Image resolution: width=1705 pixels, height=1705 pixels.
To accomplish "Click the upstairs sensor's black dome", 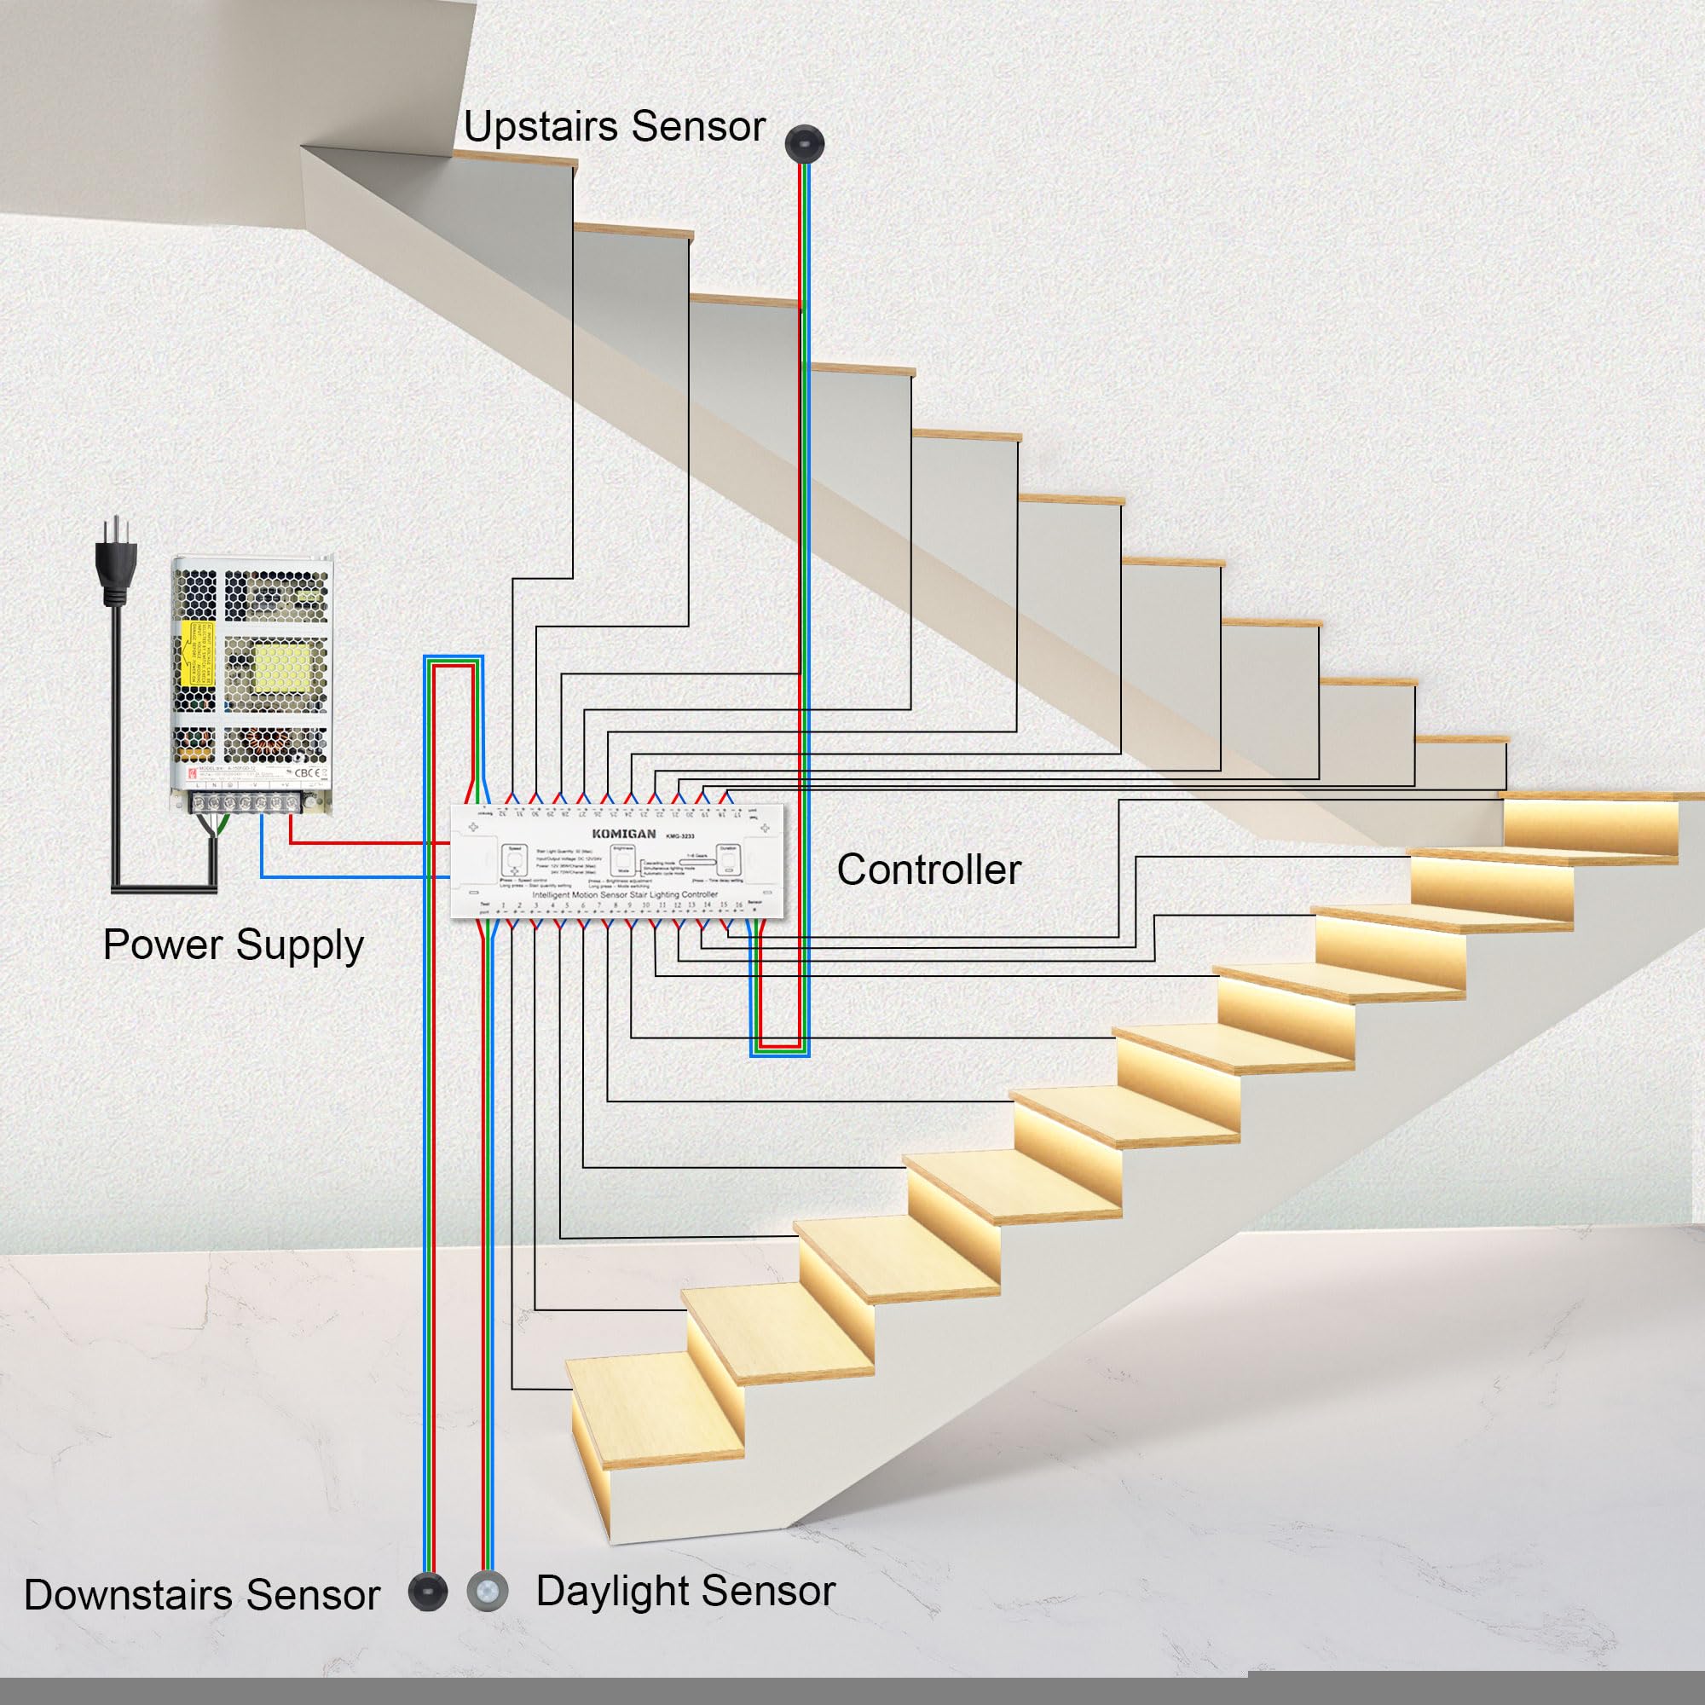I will point(803,142).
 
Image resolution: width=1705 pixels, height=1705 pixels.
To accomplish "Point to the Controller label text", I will point(928,870).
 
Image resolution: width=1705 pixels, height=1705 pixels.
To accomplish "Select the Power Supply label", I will point(233,945).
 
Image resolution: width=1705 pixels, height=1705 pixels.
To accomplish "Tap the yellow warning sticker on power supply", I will point(195,653).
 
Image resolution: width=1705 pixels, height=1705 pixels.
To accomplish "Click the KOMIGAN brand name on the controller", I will point(624,834).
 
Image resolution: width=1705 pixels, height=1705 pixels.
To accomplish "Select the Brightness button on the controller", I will point(623,860).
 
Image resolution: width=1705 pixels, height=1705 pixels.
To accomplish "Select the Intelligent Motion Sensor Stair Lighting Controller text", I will point(625,894).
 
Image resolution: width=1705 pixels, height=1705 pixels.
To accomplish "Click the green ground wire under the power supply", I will point(224,825).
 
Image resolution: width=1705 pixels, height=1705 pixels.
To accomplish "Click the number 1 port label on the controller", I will point(503,905).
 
